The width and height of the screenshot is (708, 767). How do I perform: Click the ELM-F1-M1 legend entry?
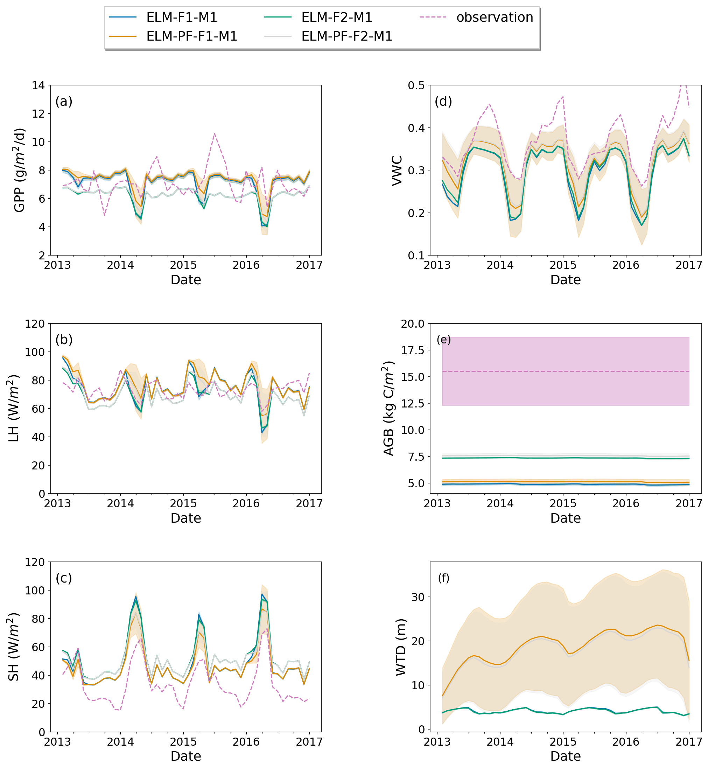[x=182, y=17]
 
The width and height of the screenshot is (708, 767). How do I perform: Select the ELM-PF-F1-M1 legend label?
[x=191, y=36]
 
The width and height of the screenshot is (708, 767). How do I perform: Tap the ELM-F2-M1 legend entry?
[x=336, y=17]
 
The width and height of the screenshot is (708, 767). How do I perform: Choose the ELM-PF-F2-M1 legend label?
[x=347, y=36]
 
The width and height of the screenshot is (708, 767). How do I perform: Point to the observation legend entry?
[x=495, y=17]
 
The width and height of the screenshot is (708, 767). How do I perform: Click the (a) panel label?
[x=64, y=102]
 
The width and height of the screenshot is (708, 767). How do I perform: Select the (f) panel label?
[x=444, y=578]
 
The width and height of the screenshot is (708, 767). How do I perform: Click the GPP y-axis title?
[x=19, y=170]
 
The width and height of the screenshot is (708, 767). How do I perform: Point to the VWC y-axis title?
[x=397, y=170]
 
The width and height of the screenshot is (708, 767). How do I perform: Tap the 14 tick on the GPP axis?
[x=38, y=85]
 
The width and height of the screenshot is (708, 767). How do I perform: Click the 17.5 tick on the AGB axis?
[x=412, y=350]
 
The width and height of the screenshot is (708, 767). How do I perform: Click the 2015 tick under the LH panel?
[x=183, y=503]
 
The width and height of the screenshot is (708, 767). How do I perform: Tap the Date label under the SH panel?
[x=186, y=756]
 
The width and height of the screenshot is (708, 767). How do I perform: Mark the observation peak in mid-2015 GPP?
[x=215, y=133]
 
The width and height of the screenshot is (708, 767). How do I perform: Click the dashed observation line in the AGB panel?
[x=566, y=371]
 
